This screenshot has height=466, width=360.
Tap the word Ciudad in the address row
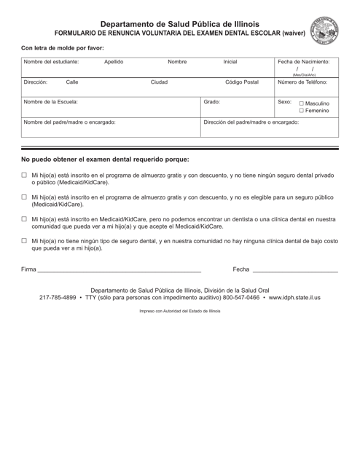click(159, 83)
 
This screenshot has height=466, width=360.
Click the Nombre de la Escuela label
click(50, 103)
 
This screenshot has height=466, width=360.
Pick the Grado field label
click(212, 103)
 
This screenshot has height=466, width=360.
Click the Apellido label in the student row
click(114, 62)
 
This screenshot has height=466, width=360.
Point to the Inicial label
click(230, 62)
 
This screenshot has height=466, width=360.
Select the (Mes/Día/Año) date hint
click(304, 75)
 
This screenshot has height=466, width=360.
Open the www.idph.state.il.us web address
click(294, 298)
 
